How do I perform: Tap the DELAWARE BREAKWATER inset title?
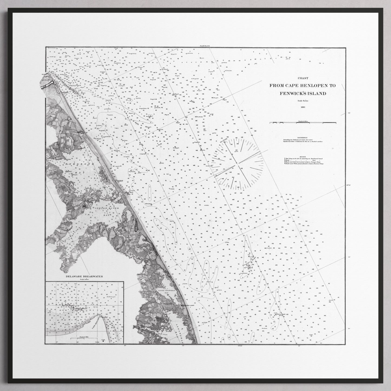[85, 277]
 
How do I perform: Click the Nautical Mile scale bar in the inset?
[84, 338]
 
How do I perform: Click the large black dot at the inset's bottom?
[103, 341]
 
